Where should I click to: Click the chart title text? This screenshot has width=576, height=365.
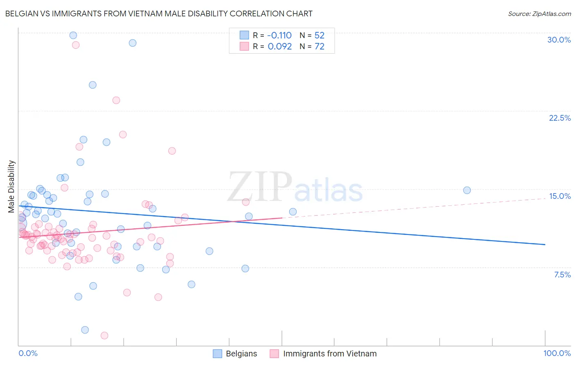[159, 14]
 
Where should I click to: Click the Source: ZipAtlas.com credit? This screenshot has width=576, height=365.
[539, 14]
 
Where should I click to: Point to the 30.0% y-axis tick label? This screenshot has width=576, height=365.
[559, 40]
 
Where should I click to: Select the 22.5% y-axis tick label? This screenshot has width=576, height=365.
[560, 118]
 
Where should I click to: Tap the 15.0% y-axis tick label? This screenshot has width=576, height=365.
[560, 196]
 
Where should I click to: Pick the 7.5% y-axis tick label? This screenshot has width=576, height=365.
[562, 275]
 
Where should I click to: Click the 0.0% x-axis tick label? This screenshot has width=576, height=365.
[28, 353]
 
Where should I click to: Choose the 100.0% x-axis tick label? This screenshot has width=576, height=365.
[557, 353]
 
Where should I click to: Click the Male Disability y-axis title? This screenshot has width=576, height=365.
[11, 186]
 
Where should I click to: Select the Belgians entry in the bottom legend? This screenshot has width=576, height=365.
[241, 354]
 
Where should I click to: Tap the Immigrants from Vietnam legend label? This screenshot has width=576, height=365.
[329, 354]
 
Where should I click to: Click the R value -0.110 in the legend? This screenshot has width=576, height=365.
[279, 35]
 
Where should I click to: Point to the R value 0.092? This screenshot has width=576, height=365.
[279, 46]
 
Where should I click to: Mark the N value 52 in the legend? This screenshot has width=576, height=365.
[319, 35]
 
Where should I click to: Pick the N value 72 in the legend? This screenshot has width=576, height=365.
[319, 46]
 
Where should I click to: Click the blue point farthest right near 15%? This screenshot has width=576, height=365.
[467, 190]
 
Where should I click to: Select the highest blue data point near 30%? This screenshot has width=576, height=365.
[73, 35]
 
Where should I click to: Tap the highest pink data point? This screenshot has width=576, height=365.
[76, 45]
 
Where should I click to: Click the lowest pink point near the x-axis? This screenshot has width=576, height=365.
[104, 336]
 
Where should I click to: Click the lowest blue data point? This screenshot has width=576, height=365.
[85, 330]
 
